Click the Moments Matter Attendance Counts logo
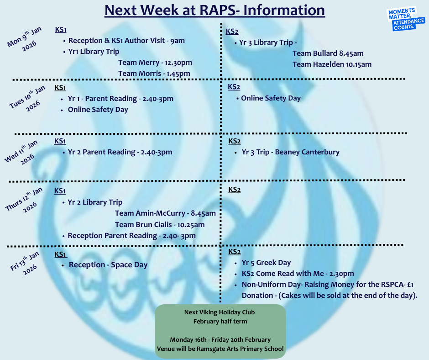coord(406,19)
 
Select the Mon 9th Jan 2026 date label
coord(25,39)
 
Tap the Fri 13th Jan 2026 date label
coord(25,263)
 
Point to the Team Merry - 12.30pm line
coord(155,63)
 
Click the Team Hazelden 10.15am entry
coord(332,64)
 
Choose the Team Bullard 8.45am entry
coord(328,53)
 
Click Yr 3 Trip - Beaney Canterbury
coord(291,152)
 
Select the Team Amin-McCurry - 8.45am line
coord(165,213)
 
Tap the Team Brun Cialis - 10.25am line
coord(160,225)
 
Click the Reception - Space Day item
coord(108,265)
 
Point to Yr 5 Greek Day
coord(266,263)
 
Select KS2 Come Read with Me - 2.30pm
coord(298,273)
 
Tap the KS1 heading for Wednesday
coord(60,141)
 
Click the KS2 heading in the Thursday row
coord(235,190)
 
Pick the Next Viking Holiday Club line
coord(220,312)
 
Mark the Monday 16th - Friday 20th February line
coord(220,340)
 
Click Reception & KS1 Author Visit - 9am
coord(126,41)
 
